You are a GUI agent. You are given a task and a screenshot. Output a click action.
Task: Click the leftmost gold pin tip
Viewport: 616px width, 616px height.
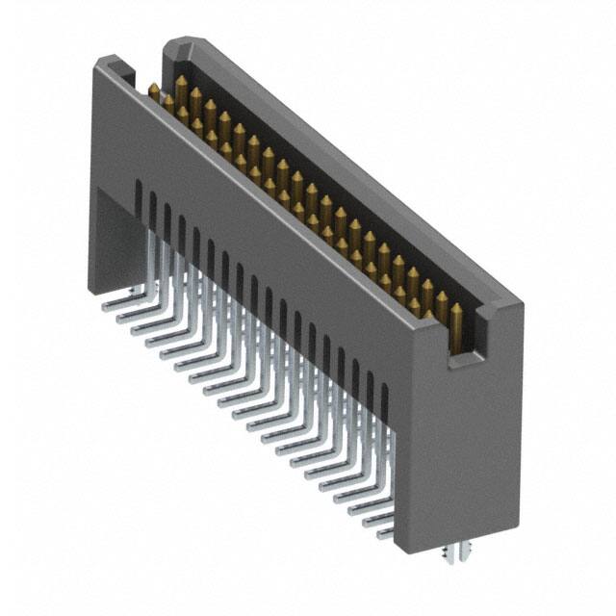tap(153, 89)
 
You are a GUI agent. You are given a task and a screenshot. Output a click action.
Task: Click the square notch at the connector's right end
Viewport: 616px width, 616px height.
tap(461, 347)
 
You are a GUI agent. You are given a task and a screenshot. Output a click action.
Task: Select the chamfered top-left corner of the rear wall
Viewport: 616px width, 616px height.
tap(172, 44)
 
